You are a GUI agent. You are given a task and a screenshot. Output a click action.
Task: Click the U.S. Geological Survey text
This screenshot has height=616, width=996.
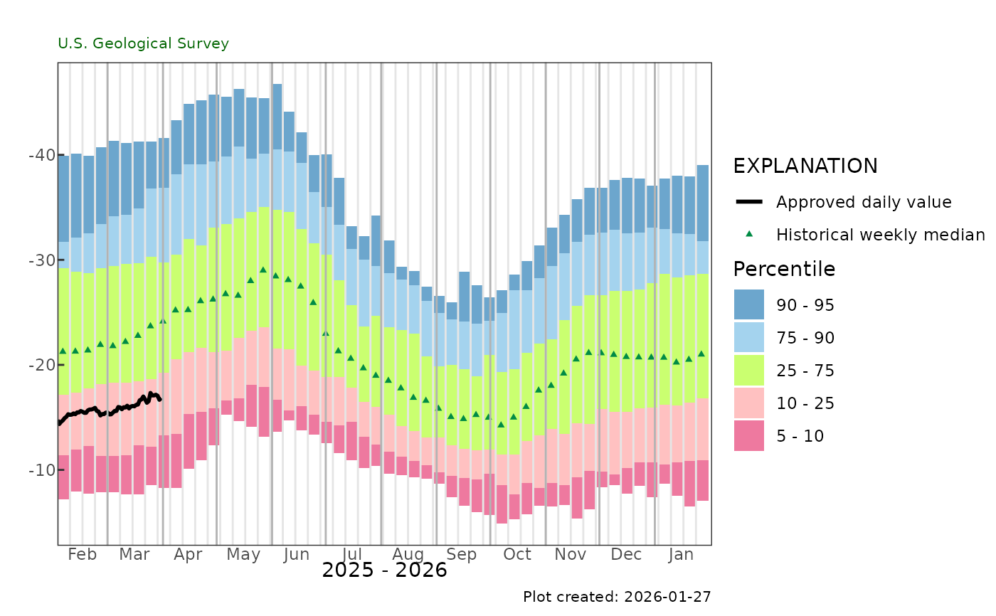[x=143, y=44]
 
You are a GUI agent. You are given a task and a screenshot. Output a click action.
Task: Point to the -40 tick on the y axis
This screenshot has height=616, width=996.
[x=45, y=154]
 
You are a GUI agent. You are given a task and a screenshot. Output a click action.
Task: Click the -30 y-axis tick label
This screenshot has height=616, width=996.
[x=45, y=260]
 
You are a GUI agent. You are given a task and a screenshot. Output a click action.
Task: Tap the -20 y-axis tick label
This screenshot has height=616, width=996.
[x=45, y=365]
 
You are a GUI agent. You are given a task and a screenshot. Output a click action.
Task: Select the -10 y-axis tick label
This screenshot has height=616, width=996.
[x=45, y=470]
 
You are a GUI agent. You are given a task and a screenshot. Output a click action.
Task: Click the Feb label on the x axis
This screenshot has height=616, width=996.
[x=82, y=555]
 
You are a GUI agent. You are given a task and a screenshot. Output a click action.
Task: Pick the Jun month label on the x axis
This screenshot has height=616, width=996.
[x=296, y=555]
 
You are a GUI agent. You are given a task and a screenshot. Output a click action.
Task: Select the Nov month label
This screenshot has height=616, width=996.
[x=571, y=555]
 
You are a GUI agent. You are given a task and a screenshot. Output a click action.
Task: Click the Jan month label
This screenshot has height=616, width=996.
[x=682, y=555]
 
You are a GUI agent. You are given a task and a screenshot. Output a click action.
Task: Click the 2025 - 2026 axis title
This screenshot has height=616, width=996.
[x=384, y=570]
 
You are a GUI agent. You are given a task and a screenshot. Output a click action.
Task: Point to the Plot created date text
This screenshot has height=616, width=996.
[x=617, y=597]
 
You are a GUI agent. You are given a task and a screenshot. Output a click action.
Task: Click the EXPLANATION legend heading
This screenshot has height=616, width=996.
[x=805, y=166]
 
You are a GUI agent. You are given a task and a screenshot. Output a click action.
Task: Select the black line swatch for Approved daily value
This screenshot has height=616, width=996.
[x=748, y=202]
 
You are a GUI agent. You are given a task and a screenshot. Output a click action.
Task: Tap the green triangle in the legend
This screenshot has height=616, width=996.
[x=748, y=234]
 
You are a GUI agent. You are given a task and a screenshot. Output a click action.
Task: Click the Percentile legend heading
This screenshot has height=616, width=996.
[x=784, y=270]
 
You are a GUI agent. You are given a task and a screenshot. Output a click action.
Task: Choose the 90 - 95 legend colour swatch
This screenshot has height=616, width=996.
[x=748, y=305]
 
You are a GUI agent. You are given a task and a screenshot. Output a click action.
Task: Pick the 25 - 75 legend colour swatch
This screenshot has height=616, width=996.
[x=748, y=371]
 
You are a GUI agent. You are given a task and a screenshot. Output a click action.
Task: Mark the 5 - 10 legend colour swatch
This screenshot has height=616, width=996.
[x=748, y=436]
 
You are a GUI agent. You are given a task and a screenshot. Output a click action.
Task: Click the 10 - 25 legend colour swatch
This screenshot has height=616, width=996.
[x=748, y=403]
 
